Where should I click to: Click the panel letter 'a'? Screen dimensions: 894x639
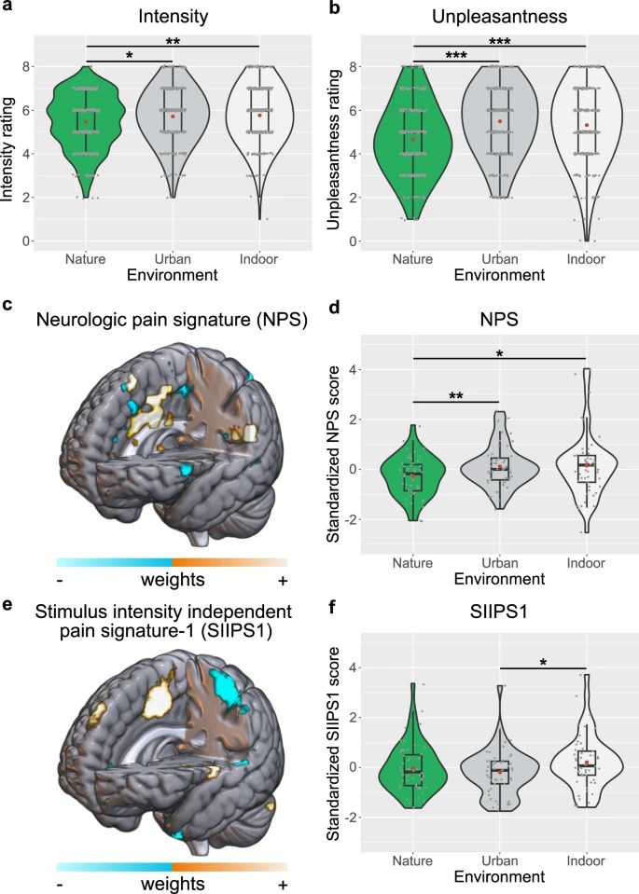tap(7, 9)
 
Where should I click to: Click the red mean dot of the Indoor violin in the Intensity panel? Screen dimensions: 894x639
tap(259, 115)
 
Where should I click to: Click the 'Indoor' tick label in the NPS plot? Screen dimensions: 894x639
tap(585, 563)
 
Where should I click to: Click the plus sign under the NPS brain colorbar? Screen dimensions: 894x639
tap(282, 580)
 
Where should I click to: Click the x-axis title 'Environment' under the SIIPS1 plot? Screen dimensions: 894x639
tap(498, 877)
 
